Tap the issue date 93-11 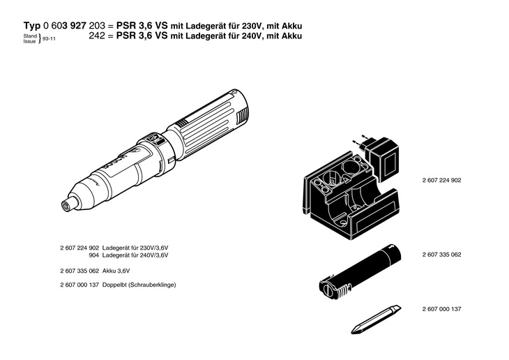click(50, 40)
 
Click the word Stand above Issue click(29, 35)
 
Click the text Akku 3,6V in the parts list click(116, 270)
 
